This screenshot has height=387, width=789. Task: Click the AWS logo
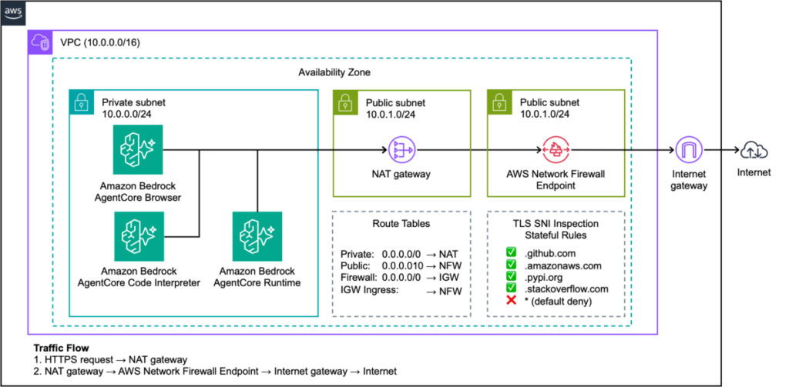13,13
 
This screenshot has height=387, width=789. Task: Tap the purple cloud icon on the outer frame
40,42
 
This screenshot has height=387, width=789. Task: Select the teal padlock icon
82,102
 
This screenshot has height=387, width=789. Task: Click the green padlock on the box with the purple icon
345,102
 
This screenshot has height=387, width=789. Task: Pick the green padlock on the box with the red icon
499,102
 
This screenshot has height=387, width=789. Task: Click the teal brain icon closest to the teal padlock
137,149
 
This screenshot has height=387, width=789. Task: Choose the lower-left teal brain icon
139,236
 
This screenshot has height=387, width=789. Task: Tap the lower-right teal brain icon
257,236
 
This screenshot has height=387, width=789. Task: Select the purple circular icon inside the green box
401,149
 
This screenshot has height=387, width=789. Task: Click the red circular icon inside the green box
556,149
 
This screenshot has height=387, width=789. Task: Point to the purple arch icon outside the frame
689,149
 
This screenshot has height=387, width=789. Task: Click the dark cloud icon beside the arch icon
754,150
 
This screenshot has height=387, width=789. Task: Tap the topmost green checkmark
511,252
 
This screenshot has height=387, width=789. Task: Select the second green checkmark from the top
511,264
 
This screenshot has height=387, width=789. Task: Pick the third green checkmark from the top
511,275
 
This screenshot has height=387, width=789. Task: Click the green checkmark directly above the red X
511,287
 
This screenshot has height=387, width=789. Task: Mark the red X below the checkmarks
511,299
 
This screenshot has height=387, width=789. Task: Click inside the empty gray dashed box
401,263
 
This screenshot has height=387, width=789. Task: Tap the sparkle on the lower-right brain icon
269,230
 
